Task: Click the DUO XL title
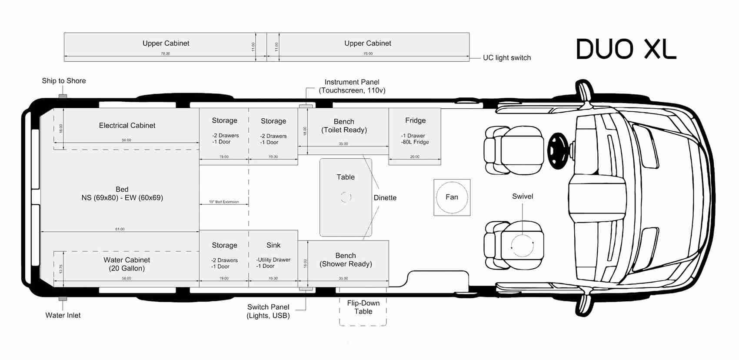626,49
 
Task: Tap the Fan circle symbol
452,197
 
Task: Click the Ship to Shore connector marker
63,96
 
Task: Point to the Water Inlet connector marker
63,299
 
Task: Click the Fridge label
415,120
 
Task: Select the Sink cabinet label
273,245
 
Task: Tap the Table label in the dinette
346,177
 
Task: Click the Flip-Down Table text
363,307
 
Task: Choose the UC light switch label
507,57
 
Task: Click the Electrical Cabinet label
127,125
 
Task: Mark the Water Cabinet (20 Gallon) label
126,264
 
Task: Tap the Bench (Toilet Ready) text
344,126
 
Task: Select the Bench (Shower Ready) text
346,260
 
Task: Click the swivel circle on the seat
522,246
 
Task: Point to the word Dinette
385,197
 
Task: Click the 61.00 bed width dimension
120,229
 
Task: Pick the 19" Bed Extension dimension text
224,202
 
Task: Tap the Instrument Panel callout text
352,86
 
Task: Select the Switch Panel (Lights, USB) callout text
268,311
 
